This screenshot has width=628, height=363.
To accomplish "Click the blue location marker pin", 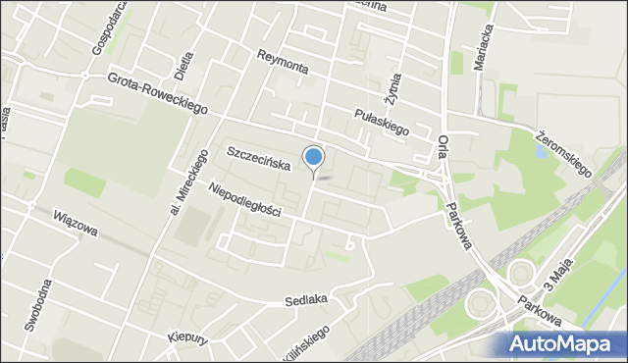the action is tap(314, 157).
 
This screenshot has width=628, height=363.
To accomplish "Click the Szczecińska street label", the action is tap(258, 159).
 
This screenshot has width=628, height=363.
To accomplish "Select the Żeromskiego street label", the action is tap(564, 153).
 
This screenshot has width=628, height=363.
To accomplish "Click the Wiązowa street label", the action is tap(76, 225).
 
